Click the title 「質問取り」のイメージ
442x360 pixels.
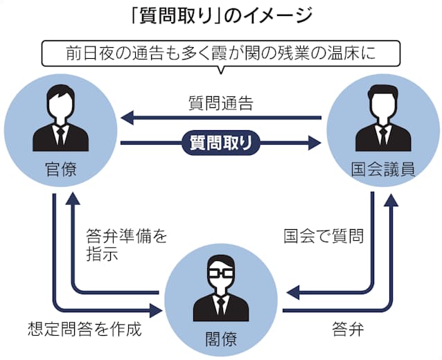[221, 15]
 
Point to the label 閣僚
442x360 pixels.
[220, 338]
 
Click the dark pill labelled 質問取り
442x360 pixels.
[220, 143]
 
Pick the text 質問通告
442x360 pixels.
[220, 105]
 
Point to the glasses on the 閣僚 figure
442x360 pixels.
[220, 271]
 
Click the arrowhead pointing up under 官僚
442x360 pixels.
[74, 201]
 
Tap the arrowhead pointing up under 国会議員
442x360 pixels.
[391, 201]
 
